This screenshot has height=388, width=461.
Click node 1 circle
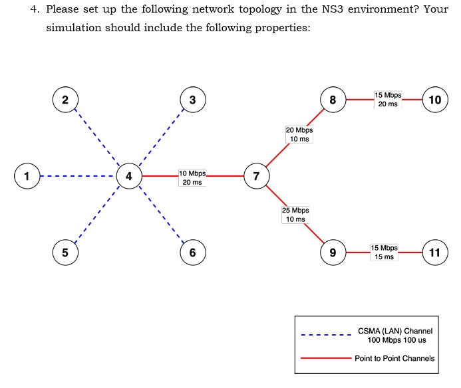click(27, 176)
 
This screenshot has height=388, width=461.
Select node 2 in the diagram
click(65, 100)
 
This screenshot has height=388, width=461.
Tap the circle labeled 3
click(192, 100)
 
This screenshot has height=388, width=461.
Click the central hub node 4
click(128, 176)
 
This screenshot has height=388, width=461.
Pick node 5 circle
click(65, 252)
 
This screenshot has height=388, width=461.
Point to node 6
click(192, 252)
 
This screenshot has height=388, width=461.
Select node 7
click(256, 176)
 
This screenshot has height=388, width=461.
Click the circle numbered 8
click(333, 100)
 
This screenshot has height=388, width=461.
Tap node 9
click(333, 252)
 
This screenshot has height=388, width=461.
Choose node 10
click(435, 100)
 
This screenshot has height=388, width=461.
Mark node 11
click(435, 252)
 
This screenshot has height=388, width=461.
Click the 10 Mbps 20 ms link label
click(192, 178)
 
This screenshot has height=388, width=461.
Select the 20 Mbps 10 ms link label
click(299, 134)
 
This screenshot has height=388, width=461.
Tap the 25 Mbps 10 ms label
click(295, 214)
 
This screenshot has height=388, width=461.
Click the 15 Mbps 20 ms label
click(388, 100)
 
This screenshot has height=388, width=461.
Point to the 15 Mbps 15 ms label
click(384, 252)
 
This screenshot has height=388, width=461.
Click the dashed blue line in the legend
click(326, 335)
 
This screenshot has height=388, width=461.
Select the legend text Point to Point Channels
click(394, 358)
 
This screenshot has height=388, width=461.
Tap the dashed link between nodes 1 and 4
click(77, 176)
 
